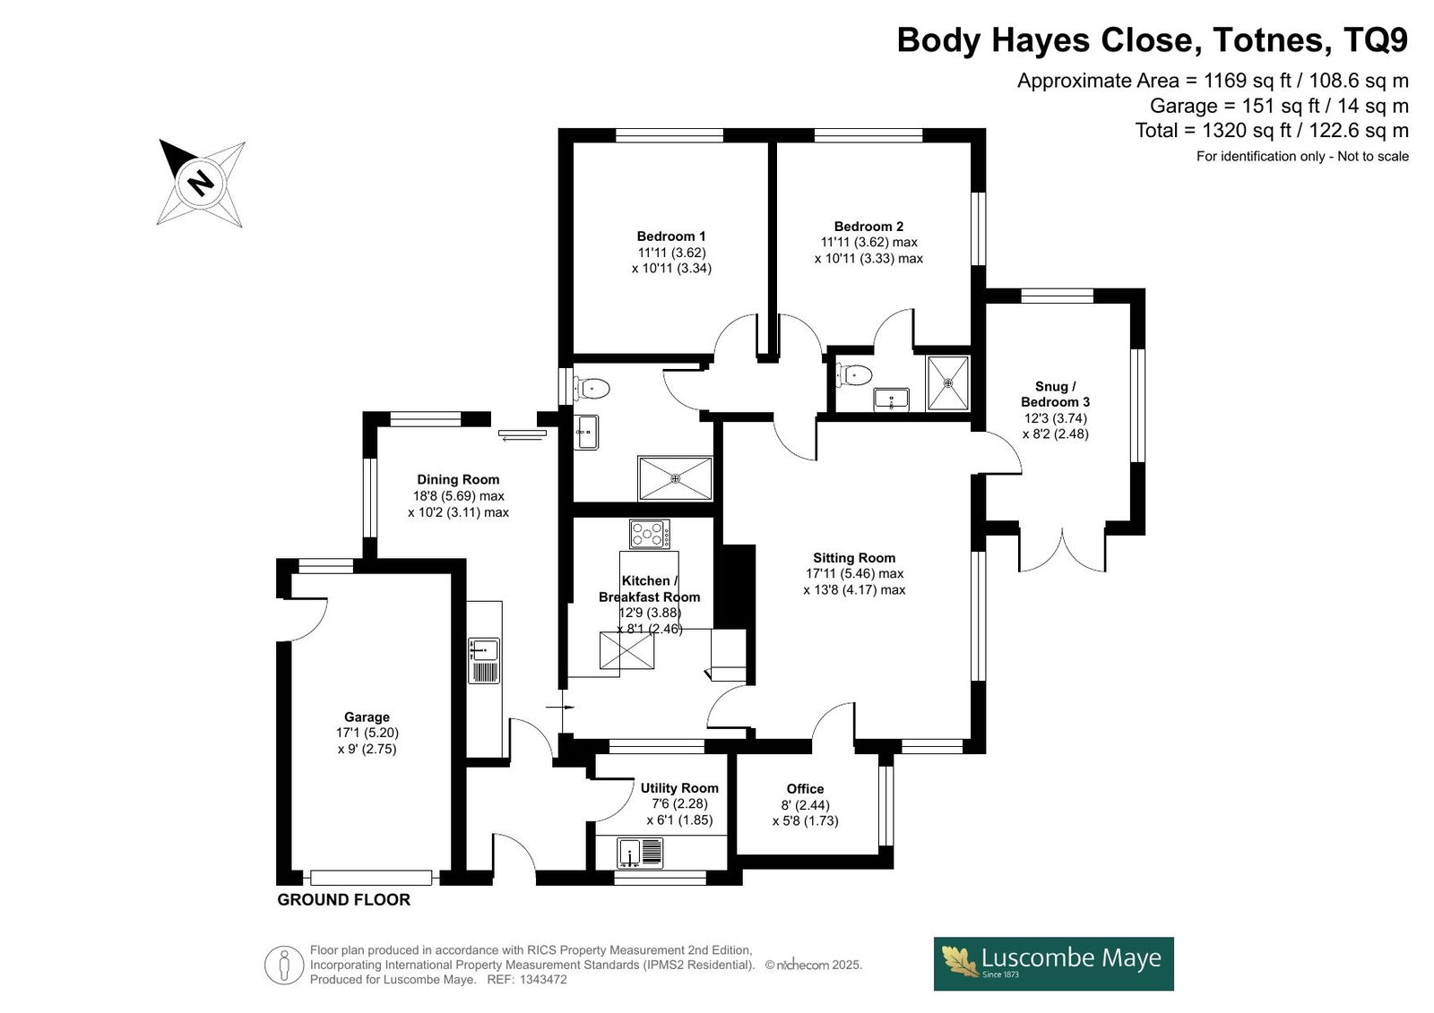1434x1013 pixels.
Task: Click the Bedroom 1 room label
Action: [x=671, y=236]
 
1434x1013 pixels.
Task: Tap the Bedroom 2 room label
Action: [x=868, y=226]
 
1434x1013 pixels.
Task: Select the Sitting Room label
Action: [x=854, y=557]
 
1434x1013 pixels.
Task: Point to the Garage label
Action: [x=367, y=717]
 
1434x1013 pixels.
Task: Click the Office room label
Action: [x=806, y=788]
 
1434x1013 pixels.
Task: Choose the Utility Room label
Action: [x=680, y=788]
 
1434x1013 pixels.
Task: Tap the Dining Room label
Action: [x=458, y=479]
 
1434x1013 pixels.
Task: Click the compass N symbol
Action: [x=201, y=183]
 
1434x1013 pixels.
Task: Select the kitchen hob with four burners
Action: [x=650, y=534]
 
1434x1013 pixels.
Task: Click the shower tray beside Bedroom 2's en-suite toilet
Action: [x=948, y=382]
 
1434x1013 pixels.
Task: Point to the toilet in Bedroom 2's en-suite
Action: [x=855, y=375]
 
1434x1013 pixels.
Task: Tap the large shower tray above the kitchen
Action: [x=676, y=478]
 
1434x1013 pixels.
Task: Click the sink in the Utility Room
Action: [x=629, y=853]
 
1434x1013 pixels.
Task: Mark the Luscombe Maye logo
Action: [x=1054, y=964]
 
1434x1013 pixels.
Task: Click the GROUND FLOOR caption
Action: [x=344, y=900]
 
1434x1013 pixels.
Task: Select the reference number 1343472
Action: [x=543, y=980]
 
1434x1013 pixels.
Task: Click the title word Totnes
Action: [x=1268, y=39]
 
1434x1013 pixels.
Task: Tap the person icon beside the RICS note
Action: [x=283, y=965]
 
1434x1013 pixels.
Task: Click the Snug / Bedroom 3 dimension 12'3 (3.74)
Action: [x=1056, y=418]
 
